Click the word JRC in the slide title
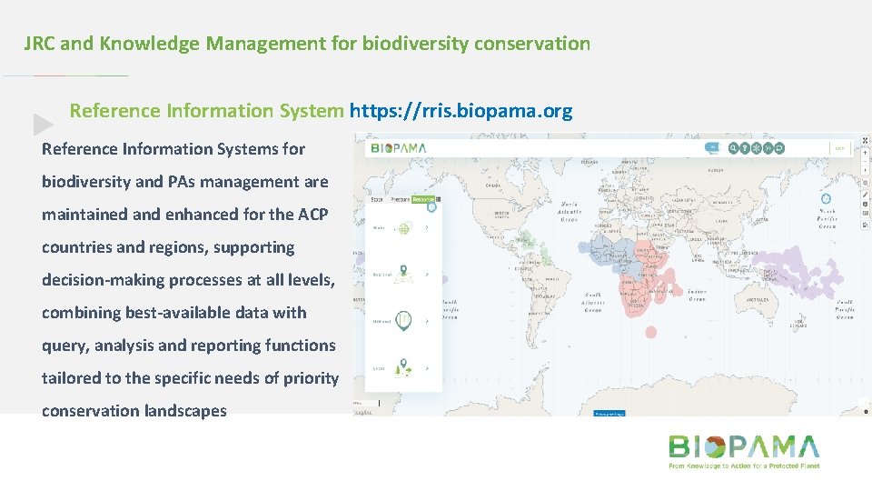pos(40,43)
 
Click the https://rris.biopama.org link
pos(461,111)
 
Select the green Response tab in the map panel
pos(423,198)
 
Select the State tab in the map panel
pos(375,198)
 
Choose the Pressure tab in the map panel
pos(399,198)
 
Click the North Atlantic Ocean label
pos(570,211)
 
